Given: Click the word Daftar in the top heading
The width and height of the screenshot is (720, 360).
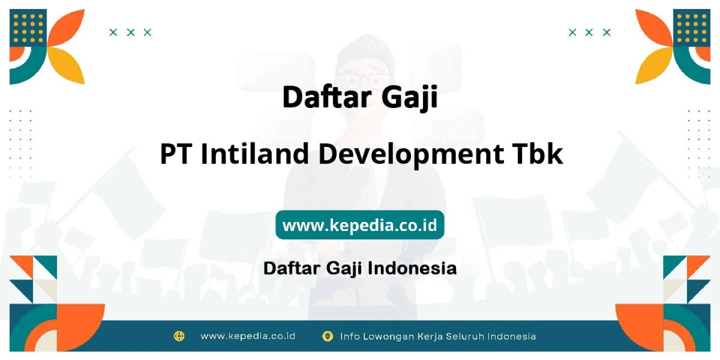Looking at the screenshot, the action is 327,97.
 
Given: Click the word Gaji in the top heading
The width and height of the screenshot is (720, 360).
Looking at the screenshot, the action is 410,97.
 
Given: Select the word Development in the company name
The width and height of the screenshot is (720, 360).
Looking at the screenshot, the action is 411,155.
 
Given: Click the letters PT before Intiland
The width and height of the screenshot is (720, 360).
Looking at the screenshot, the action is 176,154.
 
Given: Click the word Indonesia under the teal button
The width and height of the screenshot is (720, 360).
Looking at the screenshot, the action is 412,268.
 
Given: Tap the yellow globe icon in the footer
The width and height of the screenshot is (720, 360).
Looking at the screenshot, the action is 179,336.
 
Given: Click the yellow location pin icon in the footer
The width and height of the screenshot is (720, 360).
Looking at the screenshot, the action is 327,336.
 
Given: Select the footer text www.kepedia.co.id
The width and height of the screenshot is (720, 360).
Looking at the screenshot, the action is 248,336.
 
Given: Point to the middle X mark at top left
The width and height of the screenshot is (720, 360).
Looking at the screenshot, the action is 130,32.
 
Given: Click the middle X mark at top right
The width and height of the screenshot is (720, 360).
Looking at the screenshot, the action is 589,32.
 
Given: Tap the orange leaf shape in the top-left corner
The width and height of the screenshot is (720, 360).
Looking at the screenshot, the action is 68,27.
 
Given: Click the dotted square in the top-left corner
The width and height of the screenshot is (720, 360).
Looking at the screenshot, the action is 28,28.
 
